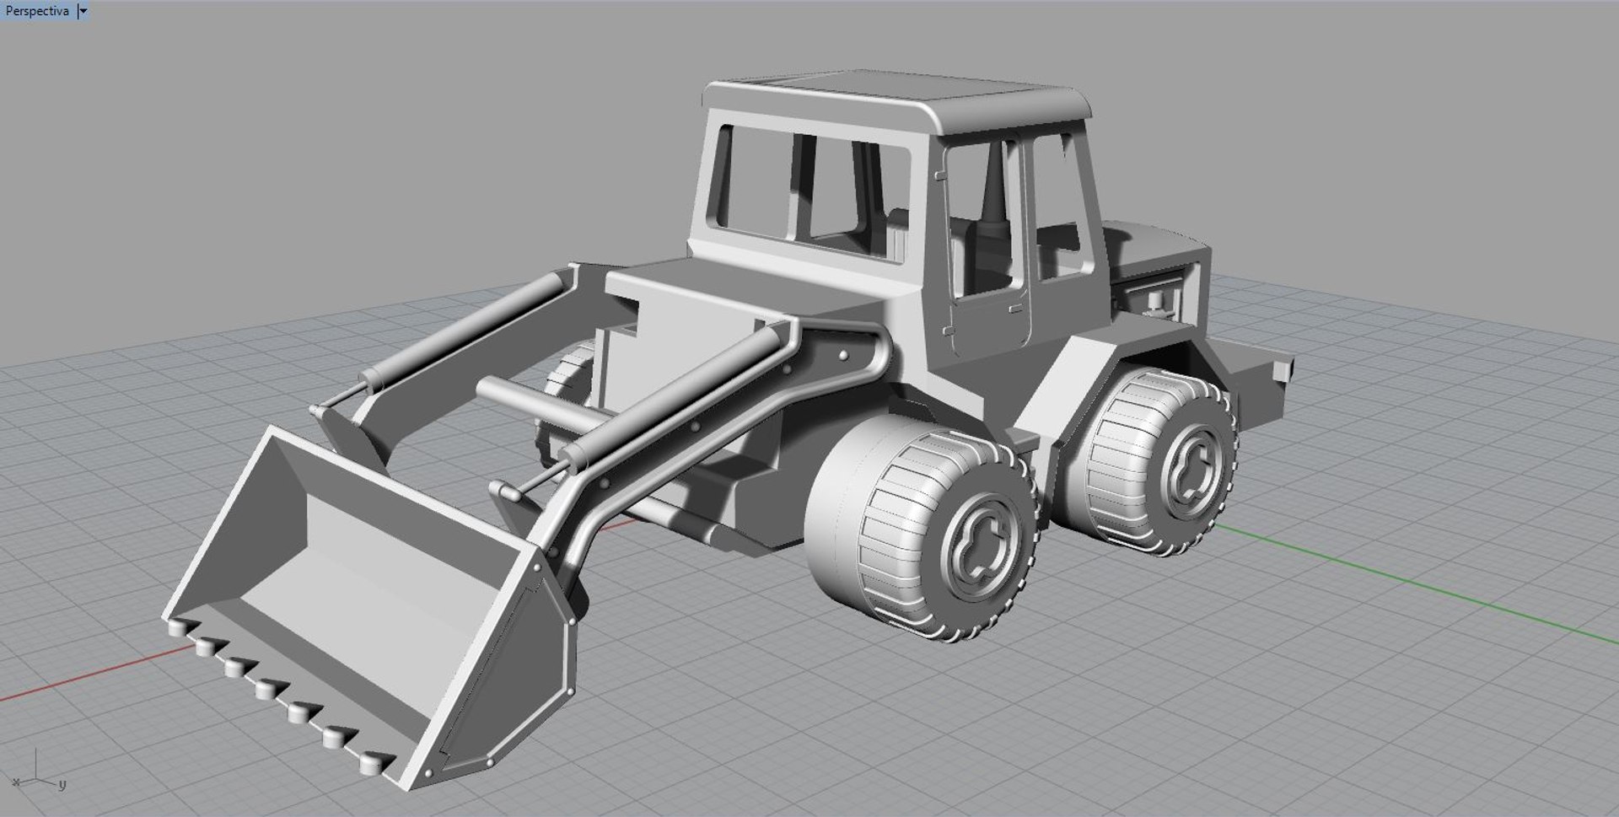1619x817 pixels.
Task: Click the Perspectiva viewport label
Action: (37, 11)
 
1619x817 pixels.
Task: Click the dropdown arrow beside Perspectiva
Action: (83, 11)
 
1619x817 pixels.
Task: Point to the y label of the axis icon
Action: (62, 785)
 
